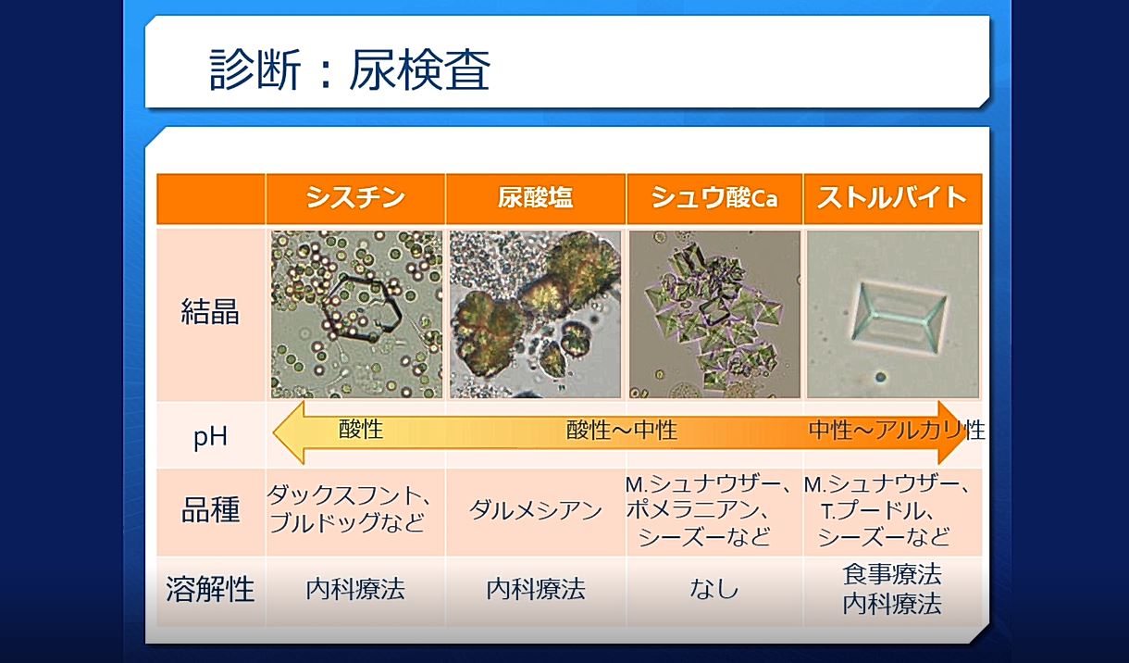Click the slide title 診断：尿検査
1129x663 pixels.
tap(349, 69)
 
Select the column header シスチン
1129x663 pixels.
tap(355, 197)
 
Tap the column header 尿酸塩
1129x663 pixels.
tap(535, 197)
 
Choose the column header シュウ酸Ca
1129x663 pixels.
tap(714, 197)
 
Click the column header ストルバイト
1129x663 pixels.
tap(892, 197)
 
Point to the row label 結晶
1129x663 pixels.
tap(210, 311)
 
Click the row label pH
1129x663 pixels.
tap(210, 437)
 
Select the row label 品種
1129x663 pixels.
tap(210, 510)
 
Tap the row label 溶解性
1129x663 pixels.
tap(210, 589)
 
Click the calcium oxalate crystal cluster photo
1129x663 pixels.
tap(714, 315)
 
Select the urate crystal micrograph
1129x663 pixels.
tap(535, 315)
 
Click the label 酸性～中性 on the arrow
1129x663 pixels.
tap(622, 430)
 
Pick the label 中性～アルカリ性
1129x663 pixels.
tap(897, 430)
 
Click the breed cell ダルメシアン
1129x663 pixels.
tap(535, 511)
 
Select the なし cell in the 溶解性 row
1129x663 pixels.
tap(714, 589)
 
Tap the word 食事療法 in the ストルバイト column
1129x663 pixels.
tap(892, 574)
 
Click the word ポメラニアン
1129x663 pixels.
tap(692, 509)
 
